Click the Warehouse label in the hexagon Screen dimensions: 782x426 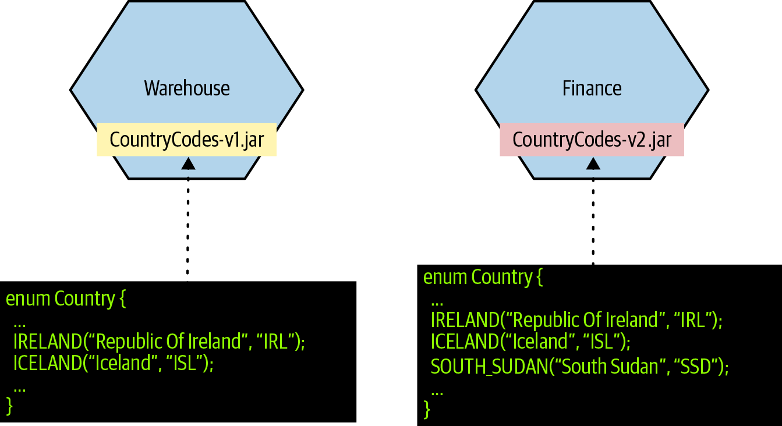(x=187, y=88)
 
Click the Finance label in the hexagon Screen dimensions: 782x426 (x=592, y=88)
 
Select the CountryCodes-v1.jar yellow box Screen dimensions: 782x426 (x=187, y=140)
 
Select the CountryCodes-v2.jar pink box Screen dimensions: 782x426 (x=592, y=140)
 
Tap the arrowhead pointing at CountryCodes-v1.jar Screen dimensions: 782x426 (x=188, y=164)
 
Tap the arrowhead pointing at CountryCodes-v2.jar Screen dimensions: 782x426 (x=593, y=164)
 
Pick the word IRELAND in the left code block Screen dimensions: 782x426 (x=48, y=341)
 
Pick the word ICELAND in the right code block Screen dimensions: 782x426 (x=465, y=341)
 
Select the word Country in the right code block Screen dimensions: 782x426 (x=502, y=278)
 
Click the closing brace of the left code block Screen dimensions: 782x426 (x=9, y=406)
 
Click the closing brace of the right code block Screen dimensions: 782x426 (x=427, y=410)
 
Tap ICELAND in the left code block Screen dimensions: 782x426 (x=48, y=363)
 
